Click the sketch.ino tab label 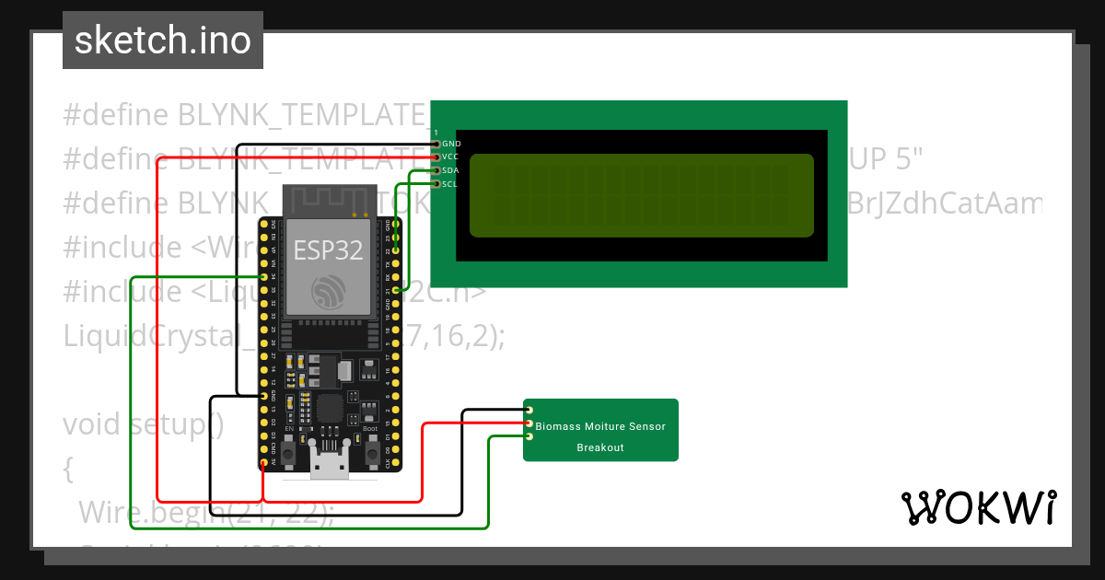(x=163, y=41)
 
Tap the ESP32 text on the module (x=328, y=250)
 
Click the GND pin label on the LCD (x=451, y=144)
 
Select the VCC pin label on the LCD (x=451, y=157)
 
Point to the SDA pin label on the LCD (x=451, y=170)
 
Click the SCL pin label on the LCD (x=450, y=184)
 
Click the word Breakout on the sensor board (x=600, y=447)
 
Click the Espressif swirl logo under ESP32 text (x=329, y=292)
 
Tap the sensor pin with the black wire (x=529, y=411)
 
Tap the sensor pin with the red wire (x=529, y=423)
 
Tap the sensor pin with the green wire (x=529, y=436)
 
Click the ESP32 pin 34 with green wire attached (x=264, y=277)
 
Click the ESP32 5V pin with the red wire (x=264, y=462)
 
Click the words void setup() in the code (x=144, y=425)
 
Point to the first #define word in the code (x=115, y=115)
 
